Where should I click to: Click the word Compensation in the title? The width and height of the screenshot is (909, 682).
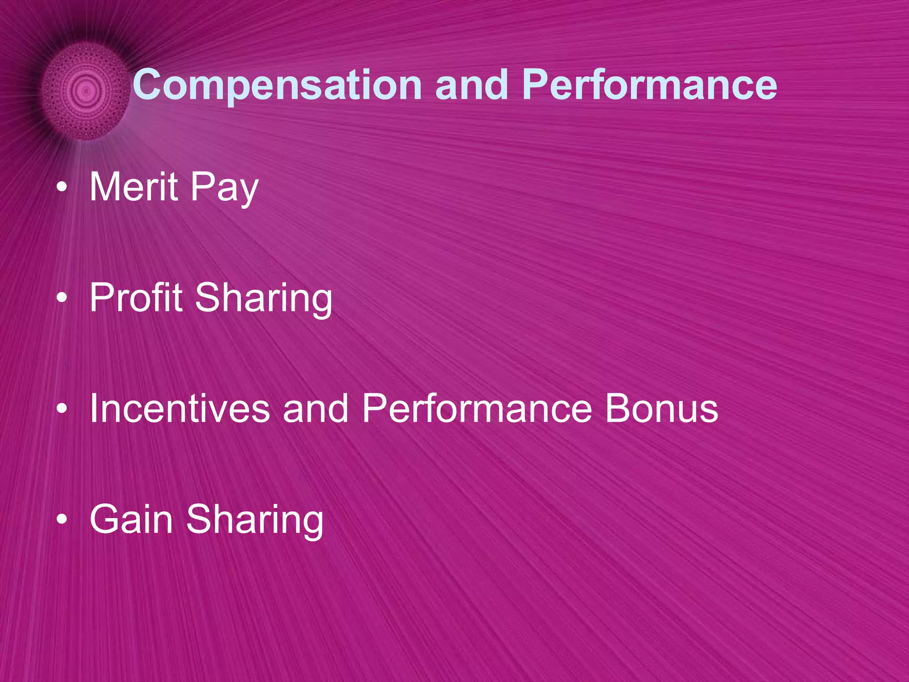point(277,85)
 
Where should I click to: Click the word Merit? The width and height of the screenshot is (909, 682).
point(134,187)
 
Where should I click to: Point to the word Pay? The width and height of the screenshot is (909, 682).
point(224,189)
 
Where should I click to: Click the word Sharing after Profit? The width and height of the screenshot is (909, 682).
point(264,299)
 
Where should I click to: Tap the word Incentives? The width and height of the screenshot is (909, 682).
point(180,408)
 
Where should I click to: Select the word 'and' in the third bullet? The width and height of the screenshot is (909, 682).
point(316,408)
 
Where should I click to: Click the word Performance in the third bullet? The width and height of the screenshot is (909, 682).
point(477,408)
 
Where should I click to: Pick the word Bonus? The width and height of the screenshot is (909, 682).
point(661,408)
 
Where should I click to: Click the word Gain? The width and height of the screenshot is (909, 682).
point(131,519)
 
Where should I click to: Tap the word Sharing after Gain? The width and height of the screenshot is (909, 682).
point(255,521)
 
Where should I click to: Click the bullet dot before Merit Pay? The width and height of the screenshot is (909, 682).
point(62,188)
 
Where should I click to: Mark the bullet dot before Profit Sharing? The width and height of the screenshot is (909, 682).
point(62,298)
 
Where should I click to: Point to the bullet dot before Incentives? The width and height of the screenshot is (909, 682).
point(62,409)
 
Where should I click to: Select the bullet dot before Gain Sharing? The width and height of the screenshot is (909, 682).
point(62,519)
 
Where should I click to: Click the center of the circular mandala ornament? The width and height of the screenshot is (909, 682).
point(86,91)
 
